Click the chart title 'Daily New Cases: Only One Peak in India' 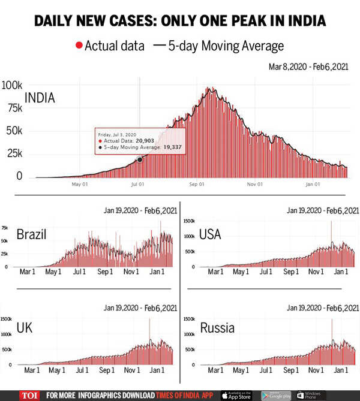180,21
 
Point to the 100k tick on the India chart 11,85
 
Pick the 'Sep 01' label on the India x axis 197,184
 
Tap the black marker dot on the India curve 140,159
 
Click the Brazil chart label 32,234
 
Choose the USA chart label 210,234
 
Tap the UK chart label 25,328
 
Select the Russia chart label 217,328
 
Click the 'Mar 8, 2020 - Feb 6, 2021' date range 313,68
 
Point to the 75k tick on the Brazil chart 4,228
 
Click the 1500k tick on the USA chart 189,222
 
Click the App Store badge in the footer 236,395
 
